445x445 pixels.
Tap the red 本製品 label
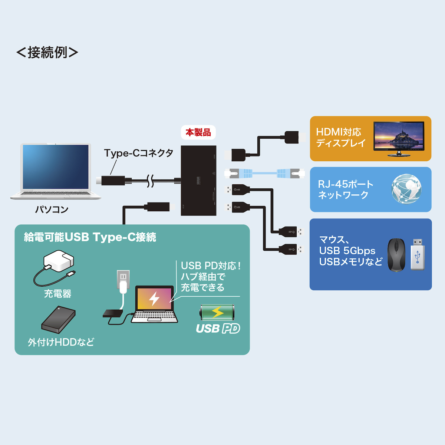pyautogui.click(x=198, y=132)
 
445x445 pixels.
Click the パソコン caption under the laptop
pyautogui.click(x=52, y=210)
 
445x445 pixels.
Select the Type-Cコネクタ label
pyautogui.click(x=139, y=153)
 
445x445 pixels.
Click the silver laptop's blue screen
pyautogui.click(x=56, y=167)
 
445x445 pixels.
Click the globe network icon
pyautogui.click(x=406, y=189)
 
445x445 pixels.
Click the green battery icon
pyautogui.click(x=217, y=312)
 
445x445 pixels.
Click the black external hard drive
pyautogui.click(x=58, y=319)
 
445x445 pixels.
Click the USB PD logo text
pyautogui.click(x=218, y=329)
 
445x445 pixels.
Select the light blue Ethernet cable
pyautogui.click(x=265, y=173)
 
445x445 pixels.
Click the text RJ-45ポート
pyautogui.click(x=346, y=184)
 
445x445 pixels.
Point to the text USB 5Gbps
pyautogui.click(x=347, y=251)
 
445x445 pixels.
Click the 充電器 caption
pyautogui.click(x=57, y=294)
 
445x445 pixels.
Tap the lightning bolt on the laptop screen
pyautogui.click(x=154, y=298)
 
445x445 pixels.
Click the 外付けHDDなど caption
pyautogui.click(x=61, y=342)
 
